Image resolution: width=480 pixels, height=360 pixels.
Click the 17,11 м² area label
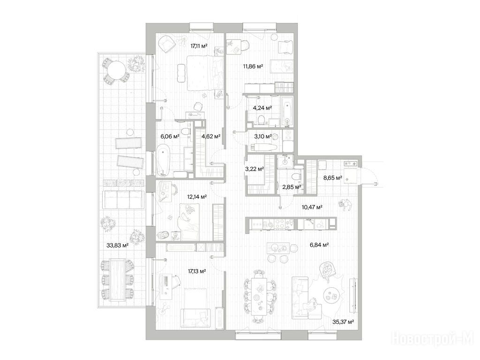[199, 46]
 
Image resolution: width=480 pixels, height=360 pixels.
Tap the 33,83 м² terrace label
[117, 245]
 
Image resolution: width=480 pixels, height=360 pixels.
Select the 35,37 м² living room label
[343, 322]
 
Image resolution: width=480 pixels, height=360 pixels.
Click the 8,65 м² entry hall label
[333, 178]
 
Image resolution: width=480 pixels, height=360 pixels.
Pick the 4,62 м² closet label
[211, 136]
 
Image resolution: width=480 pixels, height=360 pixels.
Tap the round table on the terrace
[114, 70]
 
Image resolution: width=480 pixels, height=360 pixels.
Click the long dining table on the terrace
[117, 280]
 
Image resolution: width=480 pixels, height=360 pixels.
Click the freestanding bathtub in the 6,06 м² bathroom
[163, 160]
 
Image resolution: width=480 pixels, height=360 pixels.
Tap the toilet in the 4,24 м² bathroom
[262, 120]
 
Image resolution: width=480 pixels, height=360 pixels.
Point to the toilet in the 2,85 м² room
[296, 177]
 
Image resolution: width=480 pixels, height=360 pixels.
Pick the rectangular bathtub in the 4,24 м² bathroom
[287, 112]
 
